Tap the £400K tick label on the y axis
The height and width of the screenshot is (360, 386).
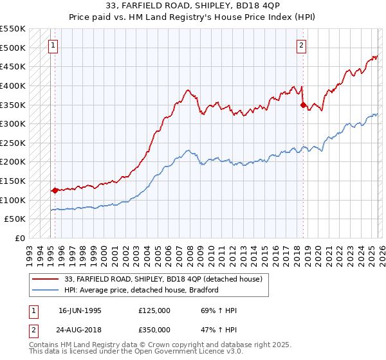12,85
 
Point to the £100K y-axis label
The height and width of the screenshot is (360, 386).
12,200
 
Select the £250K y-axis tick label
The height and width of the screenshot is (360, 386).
12,143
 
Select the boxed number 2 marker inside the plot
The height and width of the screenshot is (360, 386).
301,45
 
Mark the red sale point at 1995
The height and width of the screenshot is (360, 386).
55,190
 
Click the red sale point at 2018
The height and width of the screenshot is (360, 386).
303,105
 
